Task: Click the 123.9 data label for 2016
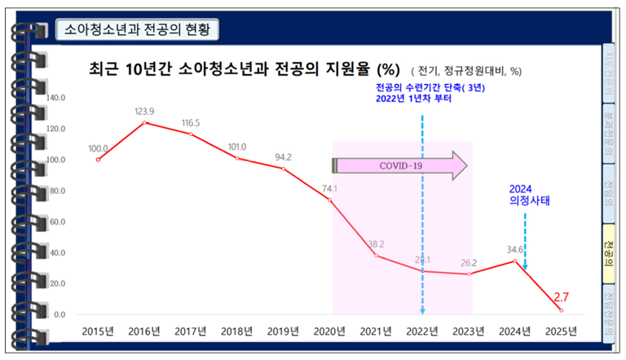[x=144, y=111]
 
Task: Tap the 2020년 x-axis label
[x=330, y=331]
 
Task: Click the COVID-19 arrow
[x=399, y=165]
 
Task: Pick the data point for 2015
[x=98, y=160]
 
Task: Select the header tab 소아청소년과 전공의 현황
[x=137, y=31]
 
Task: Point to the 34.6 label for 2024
[x=514, y=248]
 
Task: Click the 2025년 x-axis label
[x=561, y=331]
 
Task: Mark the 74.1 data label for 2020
[x=329, y=189]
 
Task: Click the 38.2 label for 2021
[x=376, y=244]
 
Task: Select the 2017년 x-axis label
[x=191, y=331]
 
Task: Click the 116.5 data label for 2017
[x=191, y=123]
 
